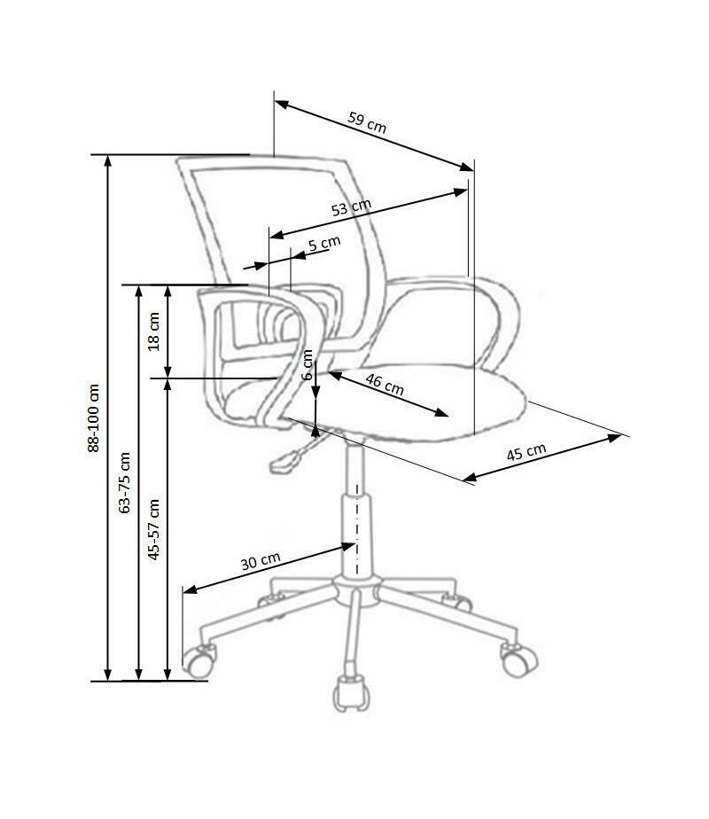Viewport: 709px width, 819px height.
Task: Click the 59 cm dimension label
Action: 367,122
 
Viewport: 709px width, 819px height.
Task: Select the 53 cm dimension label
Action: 351,207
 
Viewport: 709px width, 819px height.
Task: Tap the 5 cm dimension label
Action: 324,244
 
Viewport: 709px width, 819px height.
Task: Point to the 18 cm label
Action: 154,331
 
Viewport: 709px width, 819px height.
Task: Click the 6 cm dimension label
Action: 308,364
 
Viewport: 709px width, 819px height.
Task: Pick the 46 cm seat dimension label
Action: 385,385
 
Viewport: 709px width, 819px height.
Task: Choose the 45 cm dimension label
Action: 526,452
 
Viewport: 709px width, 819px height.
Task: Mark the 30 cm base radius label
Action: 261,561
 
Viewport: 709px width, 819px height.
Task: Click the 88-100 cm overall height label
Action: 93,417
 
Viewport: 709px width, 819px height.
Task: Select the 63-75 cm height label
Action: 124,482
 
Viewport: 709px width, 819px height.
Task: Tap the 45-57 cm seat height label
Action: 154,530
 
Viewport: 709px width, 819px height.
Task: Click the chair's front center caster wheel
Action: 351,693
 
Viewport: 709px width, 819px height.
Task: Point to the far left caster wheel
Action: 199,661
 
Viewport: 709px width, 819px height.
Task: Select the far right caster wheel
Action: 519,659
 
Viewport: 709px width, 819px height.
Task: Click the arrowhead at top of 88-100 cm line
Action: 108,160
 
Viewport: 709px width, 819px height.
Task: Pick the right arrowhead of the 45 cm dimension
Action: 614,438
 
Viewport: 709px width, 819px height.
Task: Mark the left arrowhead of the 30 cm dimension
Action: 190,589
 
